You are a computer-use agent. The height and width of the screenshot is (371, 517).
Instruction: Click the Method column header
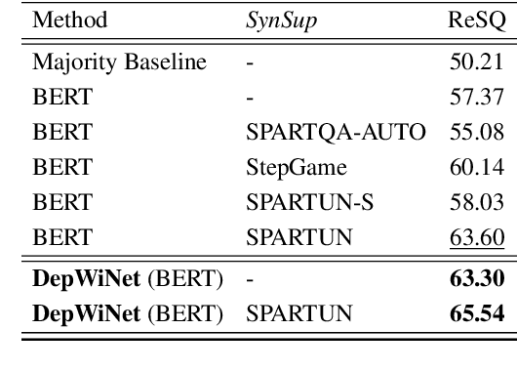[x=69, y=20]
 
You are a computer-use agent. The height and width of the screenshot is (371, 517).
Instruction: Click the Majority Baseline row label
[x=106, y=63]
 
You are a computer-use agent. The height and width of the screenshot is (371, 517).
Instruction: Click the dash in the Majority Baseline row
[x=251, y=64]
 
